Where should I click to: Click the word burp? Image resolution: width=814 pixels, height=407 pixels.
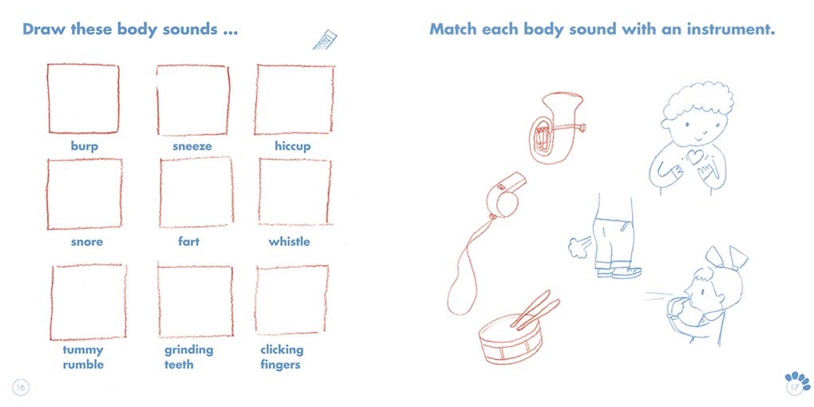coord(84,147)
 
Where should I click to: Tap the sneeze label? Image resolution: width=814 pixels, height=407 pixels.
coord(192,146)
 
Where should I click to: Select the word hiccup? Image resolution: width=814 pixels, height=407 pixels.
coord(293,147)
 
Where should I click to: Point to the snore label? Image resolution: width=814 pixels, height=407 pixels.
coord(87,242)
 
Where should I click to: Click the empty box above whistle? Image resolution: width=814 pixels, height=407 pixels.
coord(294,192)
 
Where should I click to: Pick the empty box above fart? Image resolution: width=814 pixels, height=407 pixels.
coord(196,192)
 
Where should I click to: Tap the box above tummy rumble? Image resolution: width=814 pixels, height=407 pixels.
coord(89,302)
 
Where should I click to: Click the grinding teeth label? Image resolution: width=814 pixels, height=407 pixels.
coord(189,358)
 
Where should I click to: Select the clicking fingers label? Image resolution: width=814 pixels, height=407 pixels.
coord(282,358)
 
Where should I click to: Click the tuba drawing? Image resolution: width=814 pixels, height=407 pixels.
coord(552,128)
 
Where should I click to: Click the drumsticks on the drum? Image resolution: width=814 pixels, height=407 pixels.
coord(535,310)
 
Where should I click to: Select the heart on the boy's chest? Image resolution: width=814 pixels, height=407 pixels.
coord(694,156)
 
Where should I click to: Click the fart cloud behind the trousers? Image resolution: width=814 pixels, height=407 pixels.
coord(579,246)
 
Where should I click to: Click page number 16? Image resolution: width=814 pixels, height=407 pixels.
coord(21,387)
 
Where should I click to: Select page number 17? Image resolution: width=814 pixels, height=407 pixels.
coord(794,388)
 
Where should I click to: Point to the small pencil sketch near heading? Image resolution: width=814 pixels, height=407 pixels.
coord(325,39)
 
